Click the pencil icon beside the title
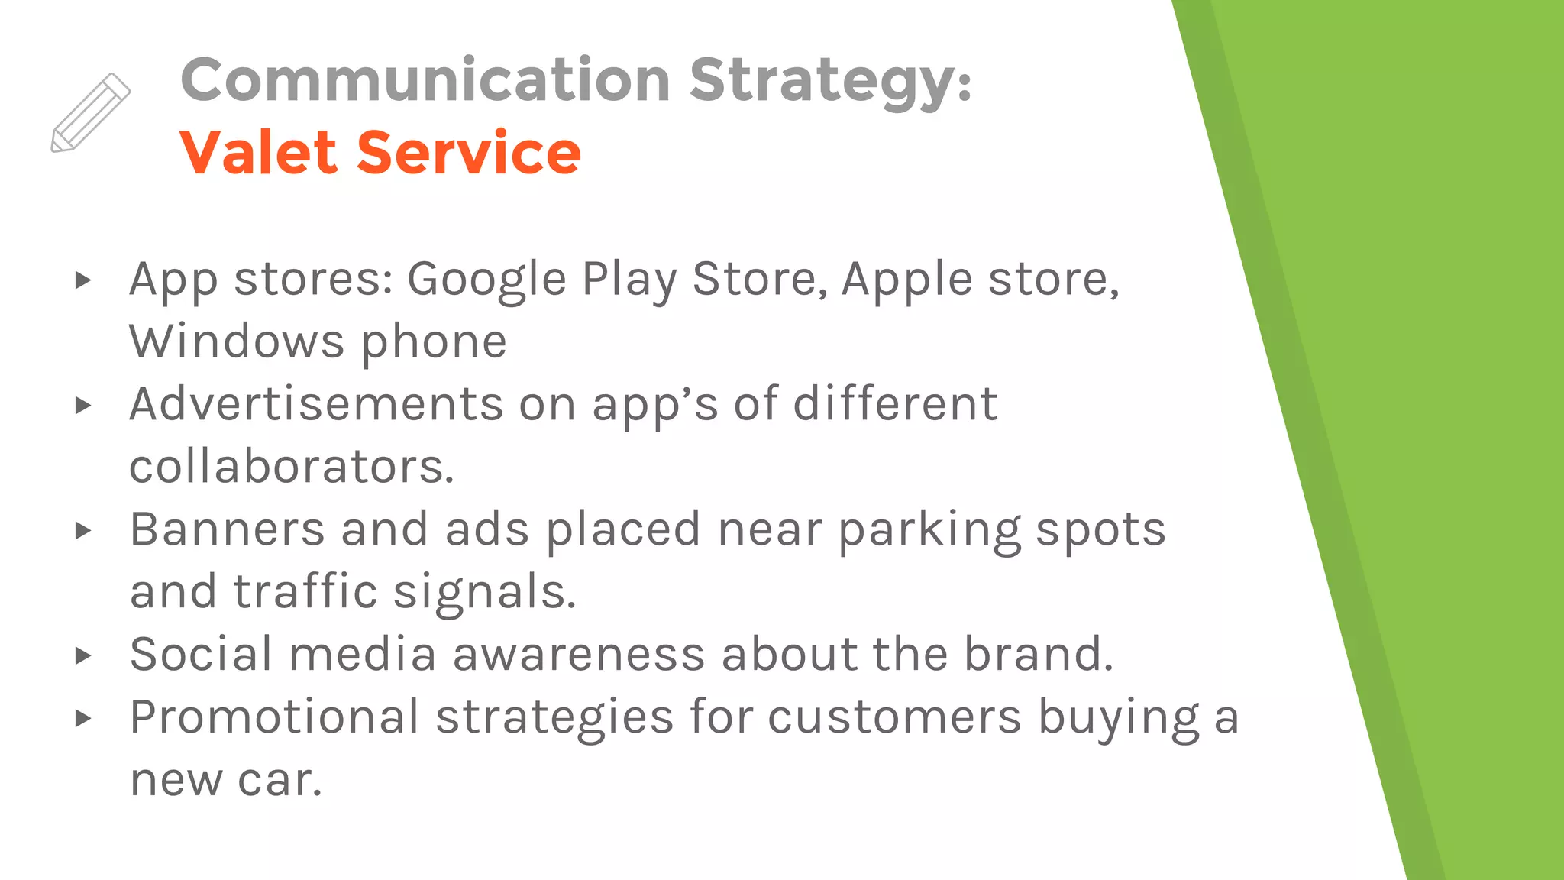pyautogui.click(x=91, y=113)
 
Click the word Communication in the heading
pyautogui.click(x=425, y=79)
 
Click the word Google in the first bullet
pyautogui.click(x=486, y=280)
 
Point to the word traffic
pyautogui.click(x=305, y=591)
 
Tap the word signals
pyautogui.click(x=484, y=593)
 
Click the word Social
pyautogui.click(x=201, y=654)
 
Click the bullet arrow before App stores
pyautogui.click(x=83, y=280)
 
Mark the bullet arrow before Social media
pyautogui.click(x=83, y=655)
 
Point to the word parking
pyautogui.click(x=929, y=530)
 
